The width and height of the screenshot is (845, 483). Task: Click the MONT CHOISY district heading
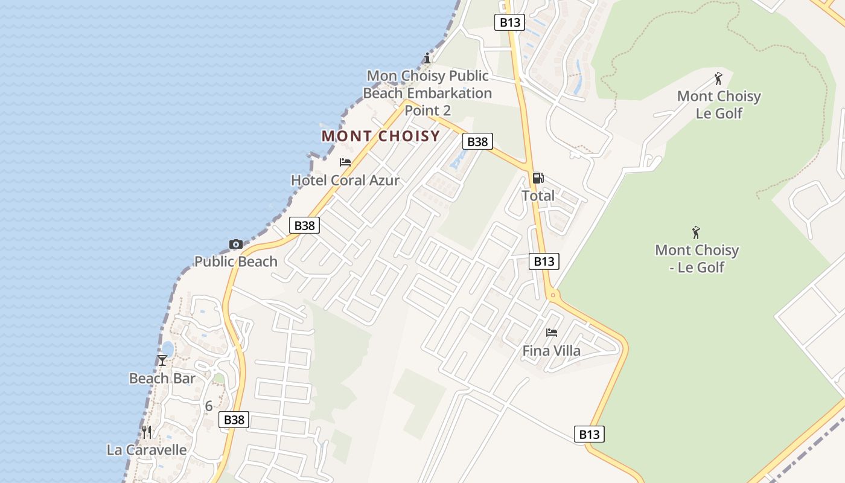tap(380, 136)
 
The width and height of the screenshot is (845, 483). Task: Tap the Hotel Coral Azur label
tap(345, 180)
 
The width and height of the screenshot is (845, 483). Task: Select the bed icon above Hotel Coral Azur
tap(345, 162)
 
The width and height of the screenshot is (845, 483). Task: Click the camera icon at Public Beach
tap(236, 245)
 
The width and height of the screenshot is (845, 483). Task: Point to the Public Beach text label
tap(236, 261)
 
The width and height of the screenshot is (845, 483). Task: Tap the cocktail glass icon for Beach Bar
tap(162, 360)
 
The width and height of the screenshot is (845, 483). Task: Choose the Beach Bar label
tap(162, 379)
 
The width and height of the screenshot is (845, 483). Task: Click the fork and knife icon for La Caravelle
tap(147, 432)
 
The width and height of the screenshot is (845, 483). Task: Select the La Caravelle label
tap(147, 450)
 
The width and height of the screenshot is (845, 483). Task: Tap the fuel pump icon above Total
tap(538, 178)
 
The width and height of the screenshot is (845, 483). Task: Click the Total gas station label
tap(538, 196)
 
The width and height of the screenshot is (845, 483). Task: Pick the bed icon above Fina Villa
tap(552, 332)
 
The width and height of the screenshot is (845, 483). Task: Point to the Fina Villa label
tap(552, 351)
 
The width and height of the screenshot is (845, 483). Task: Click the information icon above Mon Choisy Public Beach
tap(427, 59)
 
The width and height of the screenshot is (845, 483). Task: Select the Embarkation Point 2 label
tap(427, 94)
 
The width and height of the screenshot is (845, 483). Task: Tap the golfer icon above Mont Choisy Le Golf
tap(718, 78)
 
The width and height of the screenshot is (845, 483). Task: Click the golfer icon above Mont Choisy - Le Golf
tap(697, 232)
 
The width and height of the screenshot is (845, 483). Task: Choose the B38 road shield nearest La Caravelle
tap(234, 420)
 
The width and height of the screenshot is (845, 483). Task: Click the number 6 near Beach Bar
tap(209, 406)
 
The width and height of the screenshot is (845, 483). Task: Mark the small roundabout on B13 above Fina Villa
tap(552, 295)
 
